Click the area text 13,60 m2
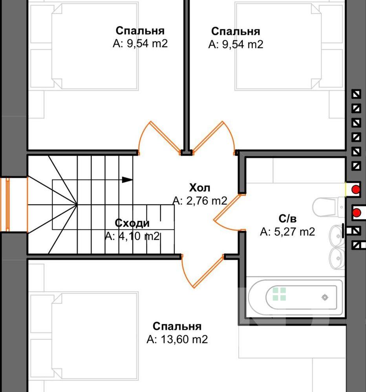tap(184, 339)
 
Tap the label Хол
tap(199, 187)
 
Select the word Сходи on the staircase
tap(132, 223)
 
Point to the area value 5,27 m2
tap(295, 232)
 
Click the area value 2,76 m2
tap(207, 201)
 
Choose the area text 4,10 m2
tap(139, 236)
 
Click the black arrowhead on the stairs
tap(127, 180)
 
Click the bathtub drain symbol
tap(325, 297)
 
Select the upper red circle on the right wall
tap(356, 189)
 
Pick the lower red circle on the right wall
tap(357, 213)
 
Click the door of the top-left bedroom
tap(159, 138)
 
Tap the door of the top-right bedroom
tap(214, 138)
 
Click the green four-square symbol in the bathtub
tap(279, 294)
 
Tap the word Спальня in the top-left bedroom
tap(140, 31)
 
